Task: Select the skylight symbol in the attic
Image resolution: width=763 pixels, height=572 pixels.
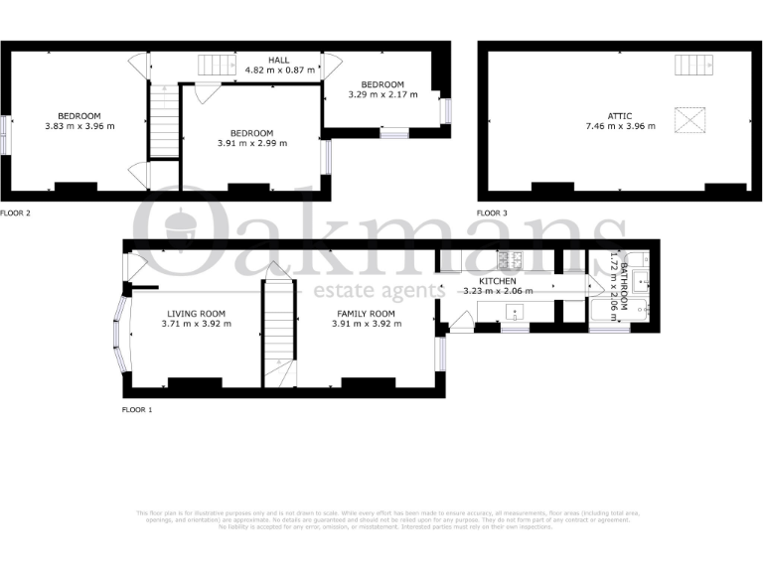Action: pos(688,121)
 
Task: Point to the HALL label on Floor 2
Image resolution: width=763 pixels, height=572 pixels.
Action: pos(278,60)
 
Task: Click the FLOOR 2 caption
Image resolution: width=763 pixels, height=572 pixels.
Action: pos(16,213)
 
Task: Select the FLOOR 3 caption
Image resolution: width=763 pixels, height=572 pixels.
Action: pos(492,213)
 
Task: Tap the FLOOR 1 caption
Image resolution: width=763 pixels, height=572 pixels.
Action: pos(137,408)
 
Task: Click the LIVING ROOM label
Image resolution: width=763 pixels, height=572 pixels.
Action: pos(196,314)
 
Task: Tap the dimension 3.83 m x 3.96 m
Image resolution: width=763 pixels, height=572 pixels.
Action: pos(78,126)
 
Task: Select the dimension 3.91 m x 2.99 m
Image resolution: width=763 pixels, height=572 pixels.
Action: pos(251,143)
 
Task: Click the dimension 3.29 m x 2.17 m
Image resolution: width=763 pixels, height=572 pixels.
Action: pos(382,95)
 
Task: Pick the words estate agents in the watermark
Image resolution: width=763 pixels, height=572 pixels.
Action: pos(373,291)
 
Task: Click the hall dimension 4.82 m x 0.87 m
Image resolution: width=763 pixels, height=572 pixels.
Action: pos(280,71)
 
